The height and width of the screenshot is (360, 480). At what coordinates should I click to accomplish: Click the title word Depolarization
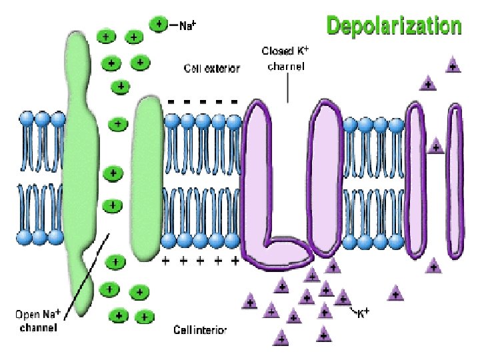click(393, 26)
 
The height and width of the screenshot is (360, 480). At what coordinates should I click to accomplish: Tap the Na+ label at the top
click(188, 25)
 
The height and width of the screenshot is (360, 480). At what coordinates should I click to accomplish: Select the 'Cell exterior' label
click(211, 69)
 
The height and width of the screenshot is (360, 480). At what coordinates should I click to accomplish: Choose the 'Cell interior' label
click(200, 330)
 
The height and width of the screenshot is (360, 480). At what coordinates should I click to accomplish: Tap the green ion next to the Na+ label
click(159, 25)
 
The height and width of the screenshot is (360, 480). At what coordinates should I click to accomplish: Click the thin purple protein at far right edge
click(455, 180)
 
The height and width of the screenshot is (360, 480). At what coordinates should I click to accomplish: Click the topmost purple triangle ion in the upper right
click(453, 65)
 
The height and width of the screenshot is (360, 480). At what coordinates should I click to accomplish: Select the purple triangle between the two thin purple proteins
click(436, 145)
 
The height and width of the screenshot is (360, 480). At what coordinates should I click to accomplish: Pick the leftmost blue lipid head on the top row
click(27, 119)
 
